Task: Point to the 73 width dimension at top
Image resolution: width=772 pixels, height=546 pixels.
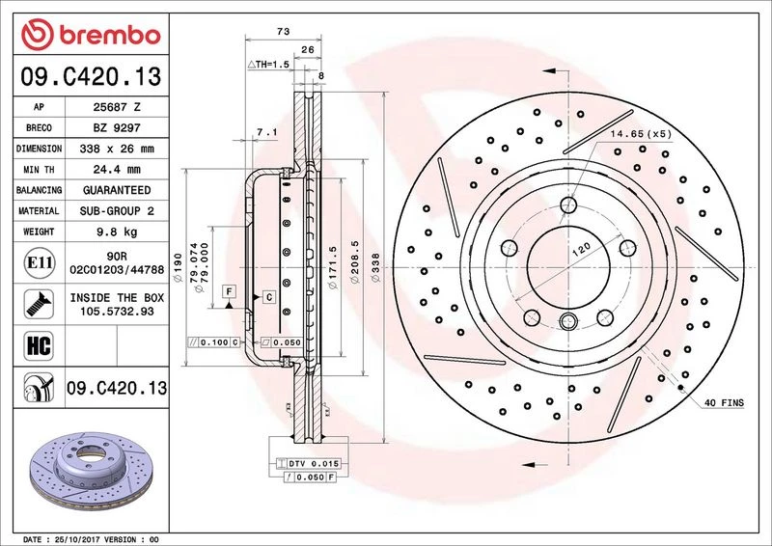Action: point(283,33)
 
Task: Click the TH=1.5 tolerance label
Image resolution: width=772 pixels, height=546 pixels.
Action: point(269,65)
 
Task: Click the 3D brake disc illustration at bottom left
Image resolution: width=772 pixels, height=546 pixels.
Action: point(88,472)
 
